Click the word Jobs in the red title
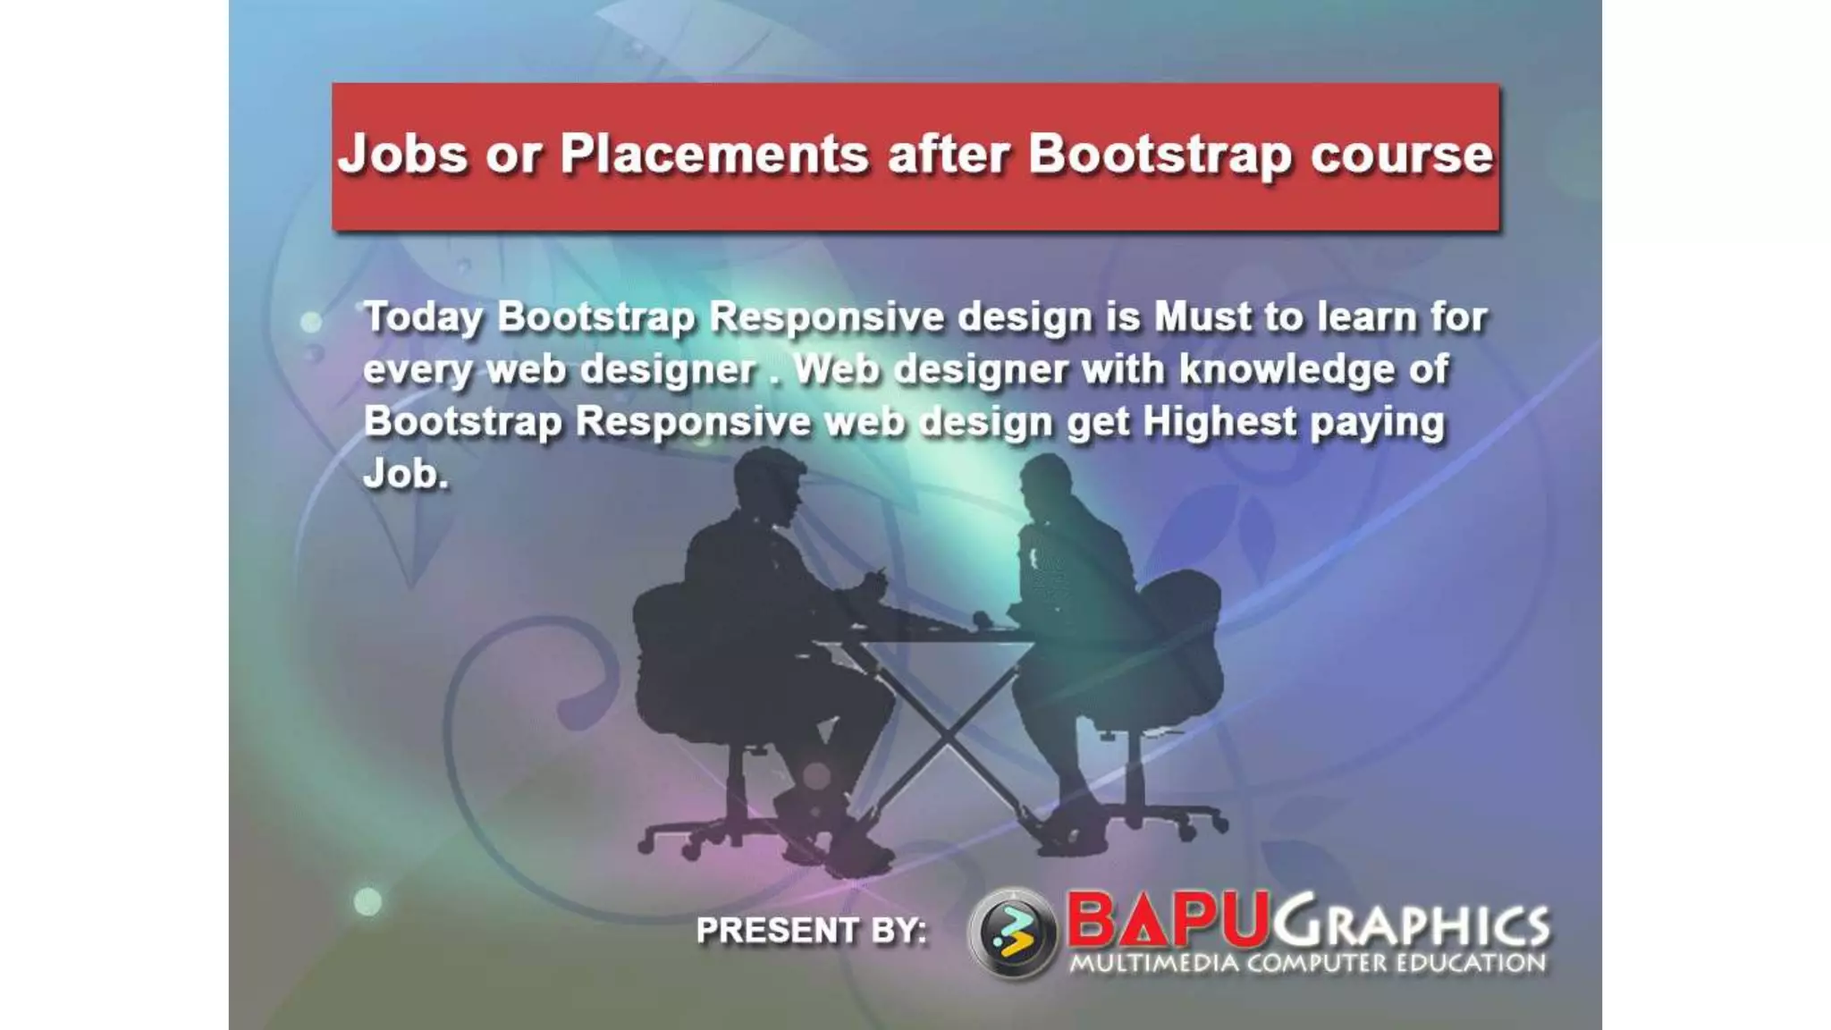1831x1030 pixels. [402, 155]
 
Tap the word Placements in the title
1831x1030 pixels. [713, 154]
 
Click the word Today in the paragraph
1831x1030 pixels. [423, 318]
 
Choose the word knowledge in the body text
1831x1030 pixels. [1287, 369]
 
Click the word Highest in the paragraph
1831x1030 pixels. [1219, 421]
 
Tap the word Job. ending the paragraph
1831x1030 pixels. [405, 474]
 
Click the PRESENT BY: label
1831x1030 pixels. [811, 931]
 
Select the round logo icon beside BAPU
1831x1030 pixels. [1012, 933]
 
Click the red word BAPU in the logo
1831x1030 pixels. [1168, 921]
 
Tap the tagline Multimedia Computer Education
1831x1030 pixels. [1307, 964]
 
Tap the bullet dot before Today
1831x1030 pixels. [311, 322]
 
